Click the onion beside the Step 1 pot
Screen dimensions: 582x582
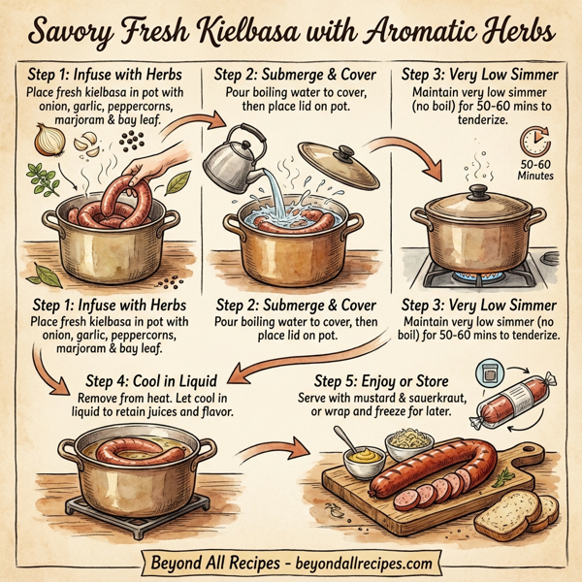[49, 143]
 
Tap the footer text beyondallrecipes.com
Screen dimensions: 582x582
[360, 562]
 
